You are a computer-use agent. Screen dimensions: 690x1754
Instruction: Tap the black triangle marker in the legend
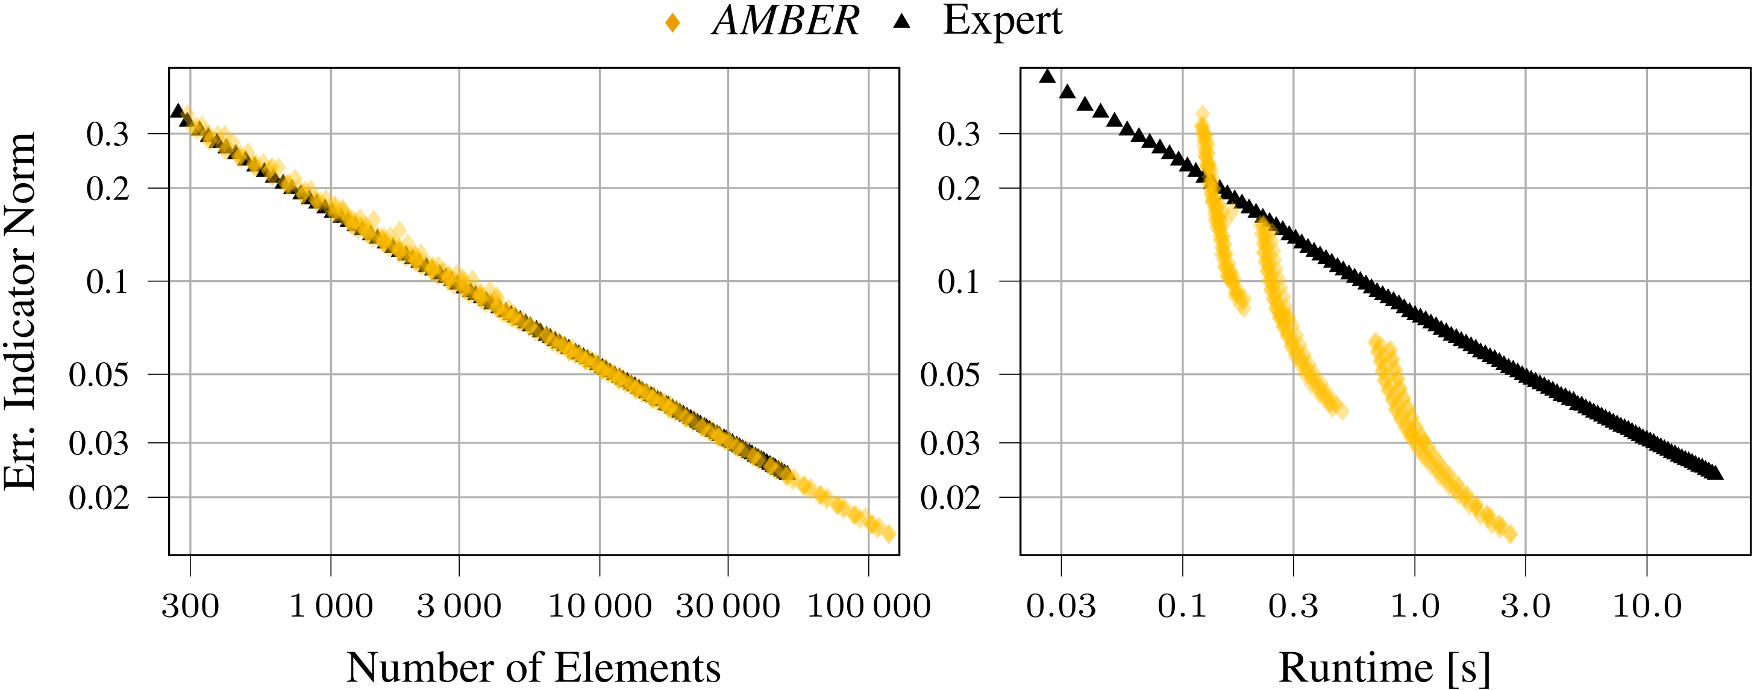click(x=901, y=22)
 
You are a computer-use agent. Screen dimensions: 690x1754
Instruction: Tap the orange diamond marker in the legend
click(x=672, y=23)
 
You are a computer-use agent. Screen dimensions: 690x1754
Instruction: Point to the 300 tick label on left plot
click(x=190, y=606)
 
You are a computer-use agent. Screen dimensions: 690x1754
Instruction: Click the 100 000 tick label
click(x=868, y=606)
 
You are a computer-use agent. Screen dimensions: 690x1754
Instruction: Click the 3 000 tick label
click(x=459, y=606)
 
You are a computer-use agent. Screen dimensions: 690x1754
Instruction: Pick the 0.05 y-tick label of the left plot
click(x=99, y=375)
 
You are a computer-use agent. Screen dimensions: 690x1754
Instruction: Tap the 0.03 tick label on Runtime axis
click(x=1061, y=606)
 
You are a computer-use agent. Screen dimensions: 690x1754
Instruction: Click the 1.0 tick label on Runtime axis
click(x=1414, y=606)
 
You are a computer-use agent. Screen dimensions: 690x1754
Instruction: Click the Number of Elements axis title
click(x=533, y=667)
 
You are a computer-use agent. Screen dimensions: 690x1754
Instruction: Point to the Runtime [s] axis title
click(x=1384, y=667)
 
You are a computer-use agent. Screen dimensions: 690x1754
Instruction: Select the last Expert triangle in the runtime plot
click(x=1715, y=472)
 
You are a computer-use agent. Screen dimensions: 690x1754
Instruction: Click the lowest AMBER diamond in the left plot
click(x=887, y=534)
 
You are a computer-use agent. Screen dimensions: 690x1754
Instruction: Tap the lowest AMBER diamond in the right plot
click(x=1509, y=534)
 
